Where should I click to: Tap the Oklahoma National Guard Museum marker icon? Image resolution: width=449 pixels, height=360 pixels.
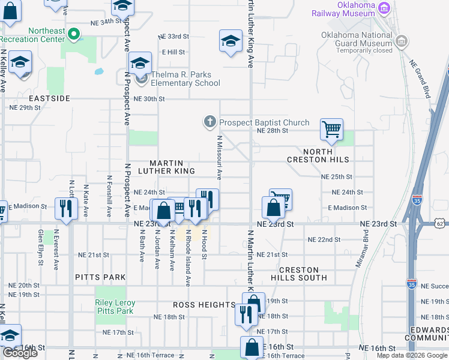pyautogui.click(x=402, y=41)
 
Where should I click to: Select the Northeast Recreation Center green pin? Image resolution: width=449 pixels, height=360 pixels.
pyautogui.click(x=74, y=34)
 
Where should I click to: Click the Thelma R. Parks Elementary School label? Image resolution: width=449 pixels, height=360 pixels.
pyautogui.click(x=185, y=79)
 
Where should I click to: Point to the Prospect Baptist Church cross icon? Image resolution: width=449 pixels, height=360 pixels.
pyautogui.click(x=209, y=122)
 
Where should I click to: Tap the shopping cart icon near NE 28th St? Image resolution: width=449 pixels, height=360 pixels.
pyautogui.click(x=331, y=129)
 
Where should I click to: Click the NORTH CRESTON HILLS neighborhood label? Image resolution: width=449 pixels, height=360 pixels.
pyautogui.click(x=318, y=156)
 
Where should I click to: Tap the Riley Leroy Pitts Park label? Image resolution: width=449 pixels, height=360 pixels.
pyautogui.click(x=115, y=307)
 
